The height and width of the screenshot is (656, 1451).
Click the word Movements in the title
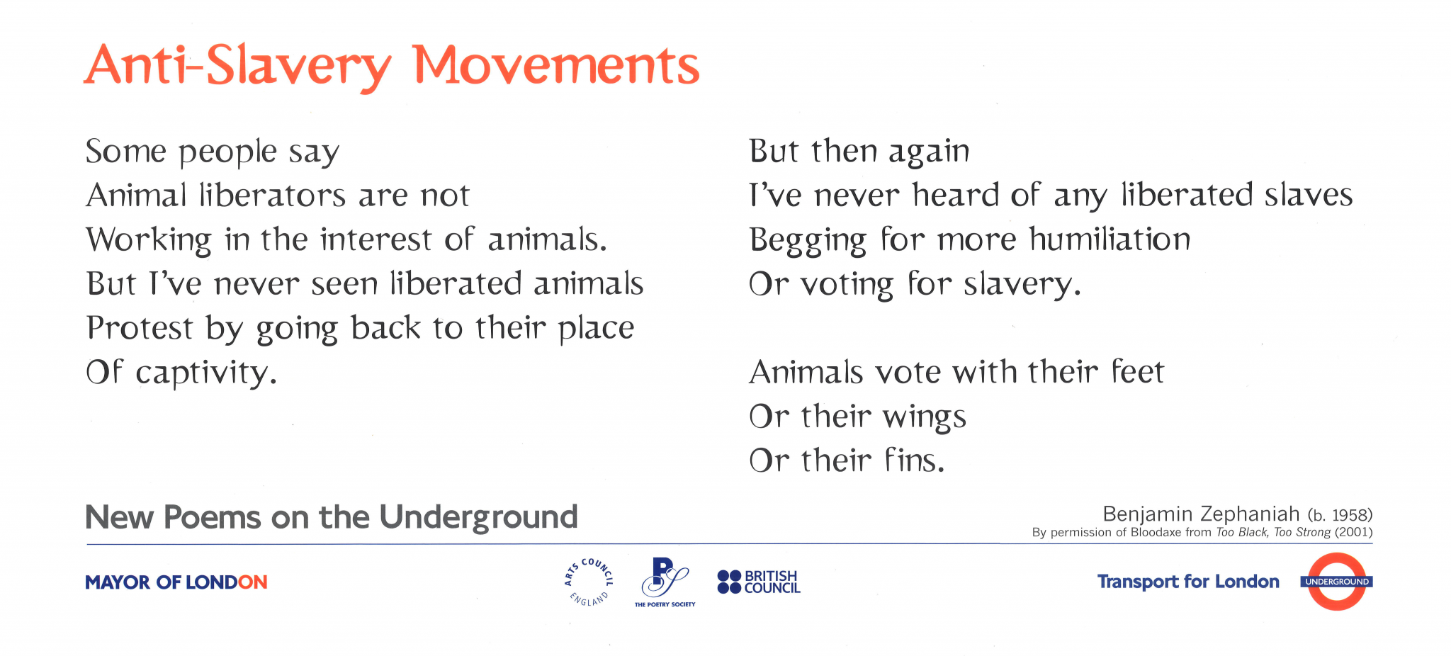[555, 65]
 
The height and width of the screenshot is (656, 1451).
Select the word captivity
[205, 373]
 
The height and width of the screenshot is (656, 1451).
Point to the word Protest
[140, 328]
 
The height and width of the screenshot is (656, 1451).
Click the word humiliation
[1110, 239]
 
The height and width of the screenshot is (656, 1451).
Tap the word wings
[925, 417]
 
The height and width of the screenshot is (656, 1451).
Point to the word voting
[847, 285]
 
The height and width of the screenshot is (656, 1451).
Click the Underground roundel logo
[1336, 582]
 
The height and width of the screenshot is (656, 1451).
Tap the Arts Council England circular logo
[589, 582]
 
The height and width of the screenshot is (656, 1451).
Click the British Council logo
[758, 582]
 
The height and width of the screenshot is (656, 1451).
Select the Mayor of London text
[176, 582]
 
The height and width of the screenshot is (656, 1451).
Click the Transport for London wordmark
[1188, 582]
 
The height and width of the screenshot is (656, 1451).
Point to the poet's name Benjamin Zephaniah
[1201, 514]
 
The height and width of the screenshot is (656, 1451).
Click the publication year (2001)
[1353, 532]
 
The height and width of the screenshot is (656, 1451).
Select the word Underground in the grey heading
[479, 517]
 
